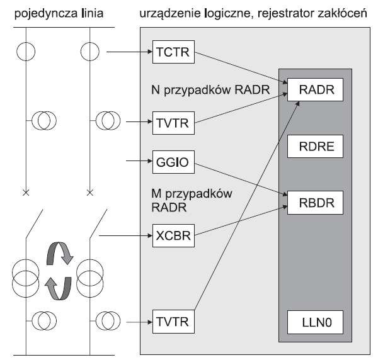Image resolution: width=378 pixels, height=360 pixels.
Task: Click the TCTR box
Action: click(x=173, y=52)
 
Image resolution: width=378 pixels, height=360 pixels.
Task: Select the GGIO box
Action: click(x=173, y=162)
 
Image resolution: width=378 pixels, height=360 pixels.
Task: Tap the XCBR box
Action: click(x=173, y=235)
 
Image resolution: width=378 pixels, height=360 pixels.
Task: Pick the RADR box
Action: click(x=315, y=89)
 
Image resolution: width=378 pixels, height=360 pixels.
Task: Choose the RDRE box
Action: click(x=315, y=146)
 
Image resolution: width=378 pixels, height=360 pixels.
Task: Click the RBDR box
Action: click(x=315, y=203)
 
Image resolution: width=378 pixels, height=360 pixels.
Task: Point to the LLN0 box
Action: click(x=315, y=322)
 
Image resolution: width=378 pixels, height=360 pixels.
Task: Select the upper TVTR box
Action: click(x=173, y=123)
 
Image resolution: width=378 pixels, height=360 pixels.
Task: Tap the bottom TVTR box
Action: click(x=173, y=322)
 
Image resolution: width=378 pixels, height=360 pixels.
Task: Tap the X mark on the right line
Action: click(x=90, y=193)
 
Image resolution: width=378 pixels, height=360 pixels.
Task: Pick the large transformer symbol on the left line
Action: click(x=26, y=278)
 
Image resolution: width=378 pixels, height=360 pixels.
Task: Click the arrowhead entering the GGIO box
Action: click(x=150, y=160)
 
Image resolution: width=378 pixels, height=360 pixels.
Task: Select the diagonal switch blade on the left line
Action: click(x=34, y=224)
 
